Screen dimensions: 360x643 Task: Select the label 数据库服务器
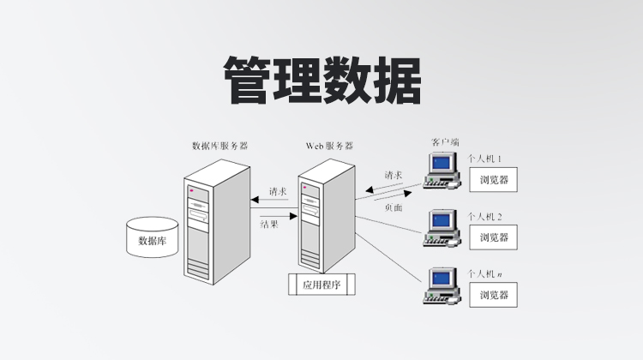(x=219, y=147)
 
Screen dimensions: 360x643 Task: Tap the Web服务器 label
(x=329, y=146)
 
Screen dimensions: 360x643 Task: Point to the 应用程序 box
(x=321, y=285)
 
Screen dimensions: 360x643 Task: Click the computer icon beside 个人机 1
(x=443, y=170)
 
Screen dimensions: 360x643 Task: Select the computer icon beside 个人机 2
(x=443, y=226)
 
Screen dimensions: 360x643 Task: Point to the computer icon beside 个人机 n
(x=443, y=286)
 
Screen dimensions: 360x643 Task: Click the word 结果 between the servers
(x=270, y=224)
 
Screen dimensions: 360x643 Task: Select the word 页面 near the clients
(x=394, y=207)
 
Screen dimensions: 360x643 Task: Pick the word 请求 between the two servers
(x=278, y=191)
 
